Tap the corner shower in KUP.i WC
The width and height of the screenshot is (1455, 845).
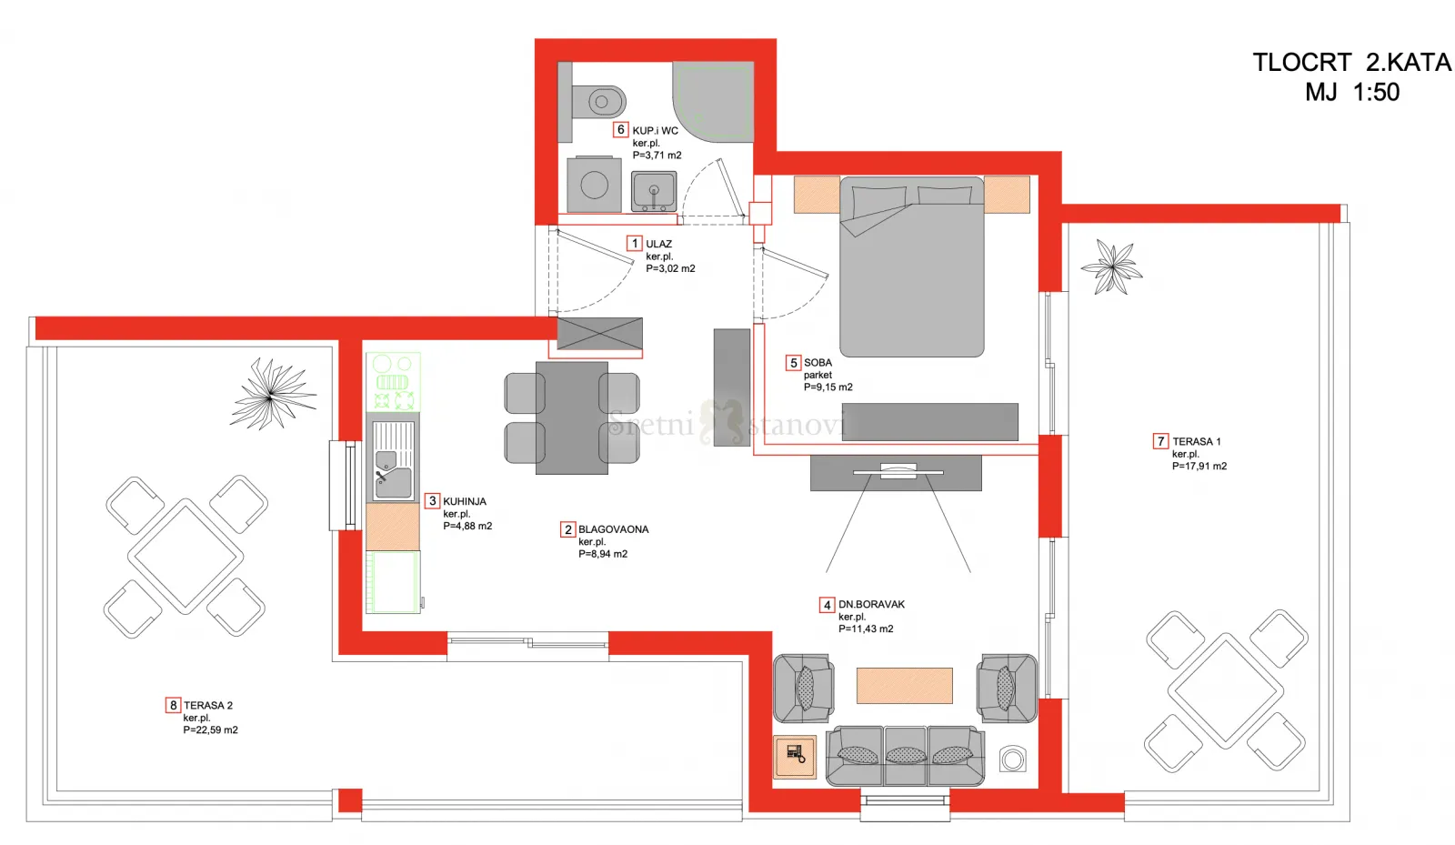coord(713,101)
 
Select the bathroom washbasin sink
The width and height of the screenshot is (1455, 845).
coord(654,191)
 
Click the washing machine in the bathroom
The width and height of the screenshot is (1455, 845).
coord(595,185)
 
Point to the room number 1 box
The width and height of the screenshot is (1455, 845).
coord(635,244)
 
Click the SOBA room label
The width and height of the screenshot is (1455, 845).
coord(818,362)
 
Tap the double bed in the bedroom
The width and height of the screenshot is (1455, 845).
coord(912,267)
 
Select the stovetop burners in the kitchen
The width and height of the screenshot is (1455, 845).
coord(393,382)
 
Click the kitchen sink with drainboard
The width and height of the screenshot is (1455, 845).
coord(393,459)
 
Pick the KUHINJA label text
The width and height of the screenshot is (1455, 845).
coord(465,501)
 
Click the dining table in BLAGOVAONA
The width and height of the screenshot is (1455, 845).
coord(572,418)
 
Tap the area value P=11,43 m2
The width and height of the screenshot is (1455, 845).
coord(866,629)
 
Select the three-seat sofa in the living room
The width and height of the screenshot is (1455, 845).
coord(906,756)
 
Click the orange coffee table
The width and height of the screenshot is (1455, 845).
coord(905,685)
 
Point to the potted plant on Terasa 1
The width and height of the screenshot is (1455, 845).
coord(1112,267)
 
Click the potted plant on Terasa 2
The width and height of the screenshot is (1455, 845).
coord(272,394)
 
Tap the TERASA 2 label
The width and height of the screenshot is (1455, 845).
coord(208,705)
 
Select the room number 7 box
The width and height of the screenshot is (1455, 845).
coord(1160,442)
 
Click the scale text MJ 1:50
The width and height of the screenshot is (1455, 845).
coord(1352,92)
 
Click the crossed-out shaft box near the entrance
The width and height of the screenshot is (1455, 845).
coord(599,335)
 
